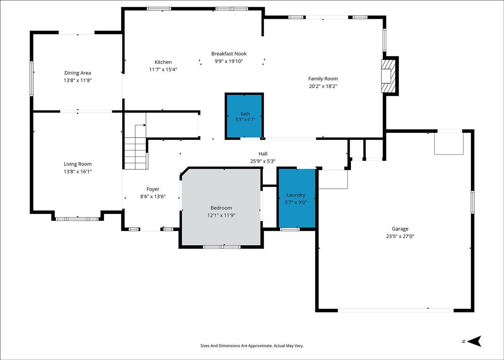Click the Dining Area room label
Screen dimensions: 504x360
pos(78,73)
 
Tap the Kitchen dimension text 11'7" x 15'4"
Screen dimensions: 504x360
pos(163,70)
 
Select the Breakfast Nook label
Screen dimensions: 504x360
pos(229,53)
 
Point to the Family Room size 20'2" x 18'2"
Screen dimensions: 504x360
pos(323,86)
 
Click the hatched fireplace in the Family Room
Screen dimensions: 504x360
pos(388,76)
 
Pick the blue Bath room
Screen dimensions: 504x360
pos(244,116)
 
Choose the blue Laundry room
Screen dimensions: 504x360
pos(297,198)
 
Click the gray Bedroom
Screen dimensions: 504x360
pos(221,207)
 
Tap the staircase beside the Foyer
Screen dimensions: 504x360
pos(136,153)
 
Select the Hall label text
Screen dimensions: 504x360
pos(263,154)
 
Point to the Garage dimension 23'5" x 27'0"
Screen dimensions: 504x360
pos(400,236)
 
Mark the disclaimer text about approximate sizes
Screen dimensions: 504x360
pos(252,346)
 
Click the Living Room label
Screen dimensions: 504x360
pos(78,164)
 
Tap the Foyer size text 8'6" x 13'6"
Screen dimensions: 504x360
pos(153,197)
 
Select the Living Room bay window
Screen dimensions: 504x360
pos(77,219)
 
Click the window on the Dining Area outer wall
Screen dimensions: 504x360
pos(32,79)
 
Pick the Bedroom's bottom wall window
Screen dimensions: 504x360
pos(222,247)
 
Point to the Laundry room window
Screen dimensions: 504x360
pos(290,229)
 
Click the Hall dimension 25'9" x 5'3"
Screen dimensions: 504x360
pos(263,161)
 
